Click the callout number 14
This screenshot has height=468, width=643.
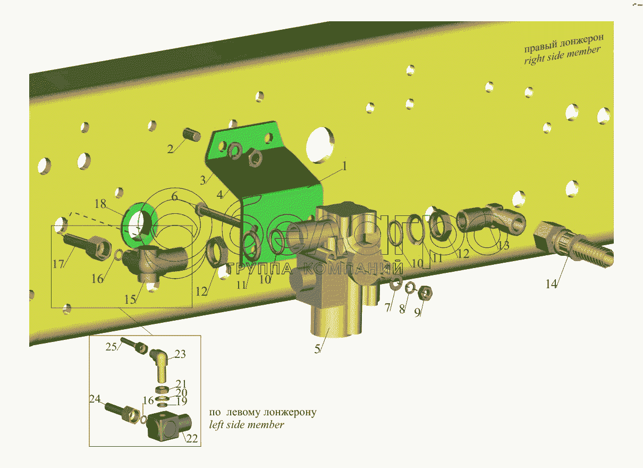point(551,284)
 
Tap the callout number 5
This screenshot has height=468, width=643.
point(318,349)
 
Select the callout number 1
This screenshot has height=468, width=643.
point(344,166)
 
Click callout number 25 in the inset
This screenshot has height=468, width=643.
point(111,346)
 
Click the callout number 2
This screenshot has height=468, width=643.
point(171,149)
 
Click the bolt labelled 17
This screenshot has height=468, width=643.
point(85,245)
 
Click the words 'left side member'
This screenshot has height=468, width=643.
point(247,424)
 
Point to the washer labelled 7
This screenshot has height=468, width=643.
point(395,285)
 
